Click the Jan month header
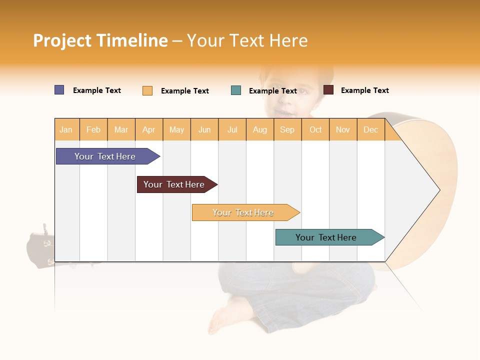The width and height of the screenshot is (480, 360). click(x=66, y=129)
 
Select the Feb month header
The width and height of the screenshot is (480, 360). click(x=93, y=129)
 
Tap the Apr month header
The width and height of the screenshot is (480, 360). click(x=148, y=129)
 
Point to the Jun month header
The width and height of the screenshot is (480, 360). click(x=204, y=129)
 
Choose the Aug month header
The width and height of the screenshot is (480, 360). click(x=259, y=129)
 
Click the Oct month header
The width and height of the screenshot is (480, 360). click(x=315, y=129)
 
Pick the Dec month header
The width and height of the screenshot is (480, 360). click(x=370, y=129)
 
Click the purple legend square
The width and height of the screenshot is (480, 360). click(x=59, y=90)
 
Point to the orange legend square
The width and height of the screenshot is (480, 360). click(x=147, y=90)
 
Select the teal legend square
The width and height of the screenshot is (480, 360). click(x=236, y=90)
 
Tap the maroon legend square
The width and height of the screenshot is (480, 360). click(x=328, y=90)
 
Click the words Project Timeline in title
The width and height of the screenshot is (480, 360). click(x=100, y=40)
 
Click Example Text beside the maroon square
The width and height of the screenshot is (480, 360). click(x=364, y=90)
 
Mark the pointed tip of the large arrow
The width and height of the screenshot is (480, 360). click(x=439, y=190)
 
